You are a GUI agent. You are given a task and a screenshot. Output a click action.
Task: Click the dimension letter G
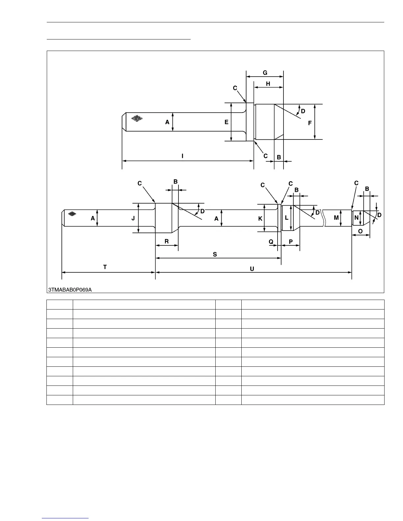(265, 73)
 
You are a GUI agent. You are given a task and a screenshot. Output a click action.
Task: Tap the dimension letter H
(268, 84)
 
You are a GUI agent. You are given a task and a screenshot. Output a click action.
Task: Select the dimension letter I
(182, 156)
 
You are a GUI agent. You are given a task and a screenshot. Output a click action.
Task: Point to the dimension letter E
(227, 122)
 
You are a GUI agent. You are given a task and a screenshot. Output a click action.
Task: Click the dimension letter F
(309, 123)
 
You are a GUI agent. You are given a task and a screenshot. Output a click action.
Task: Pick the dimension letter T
(105, 267)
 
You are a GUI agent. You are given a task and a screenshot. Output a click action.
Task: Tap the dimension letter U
(252, 269)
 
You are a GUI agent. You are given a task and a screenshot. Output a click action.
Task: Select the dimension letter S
(215, 254)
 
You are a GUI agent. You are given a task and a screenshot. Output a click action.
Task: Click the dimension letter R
(167, 241)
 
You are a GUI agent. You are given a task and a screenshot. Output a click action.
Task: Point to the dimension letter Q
(271, 242)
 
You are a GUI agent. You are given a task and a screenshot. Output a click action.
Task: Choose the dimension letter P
(291, 242)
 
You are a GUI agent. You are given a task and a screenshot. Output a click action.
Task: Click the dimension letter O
(360, 231)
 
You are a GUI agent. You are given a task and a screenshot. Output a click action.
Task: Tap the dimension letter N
(357, 218)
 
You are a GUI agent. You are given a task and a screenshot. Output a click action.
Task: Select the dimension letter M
(336, 218)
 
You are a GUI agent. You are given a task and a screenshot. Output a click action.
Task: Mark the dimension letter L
(287, 218)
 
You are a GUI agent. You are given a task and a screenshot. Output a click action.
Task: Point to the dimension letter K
(260, 219)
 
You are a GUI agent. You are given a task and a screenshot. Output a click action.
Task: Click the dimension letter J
(133, 218)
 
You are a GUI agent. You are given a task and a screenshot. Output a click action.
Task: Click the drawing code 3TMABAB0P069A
(70, 290)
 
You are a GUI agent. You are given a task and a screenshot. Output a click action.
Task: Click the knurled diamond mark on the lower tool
(72, 213)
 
